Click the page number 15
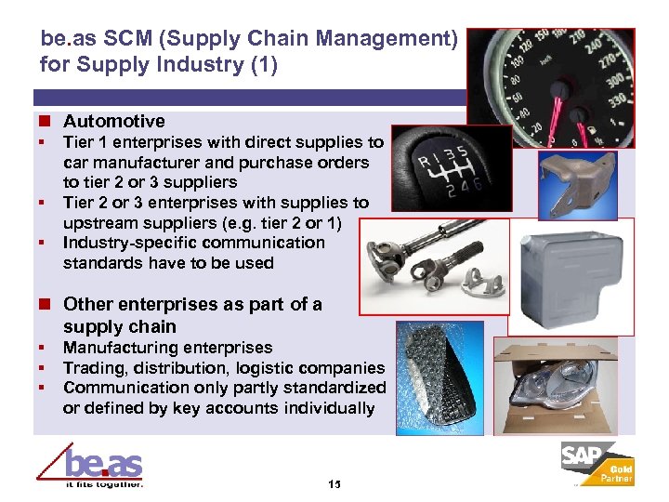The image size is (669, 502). click(334, 485)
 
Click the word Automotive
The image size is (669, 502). click(113, 121)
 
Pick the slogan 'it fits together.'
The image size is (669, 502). click(103, 484)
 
